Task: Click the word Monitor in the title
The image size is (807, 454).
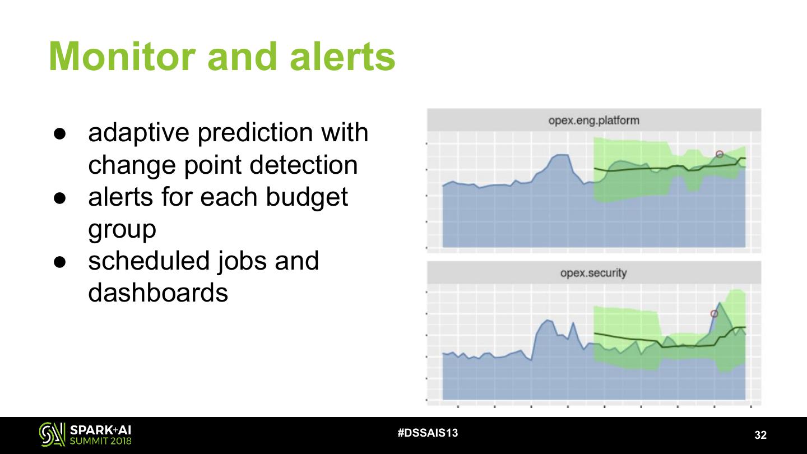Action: click(122, 57)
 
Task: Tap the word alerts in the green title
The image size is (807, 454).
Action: click(342, 57)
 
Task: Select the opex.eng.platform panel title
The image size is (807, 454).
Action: click(593, 121)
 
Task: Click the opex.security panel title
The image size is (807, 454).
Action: click(593, 273)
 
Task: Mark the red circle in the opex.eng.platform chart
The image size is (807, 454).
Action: click(720, 154)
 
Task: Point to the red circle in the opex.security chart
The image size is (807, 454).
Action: click(714, 314)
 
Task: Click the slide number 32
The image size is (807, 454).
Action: click(760, 435)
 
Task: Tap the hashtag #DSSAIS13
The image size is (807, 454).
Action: click(428, 433)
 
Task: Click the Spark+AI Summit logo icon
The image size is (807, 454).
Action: click(52, 434)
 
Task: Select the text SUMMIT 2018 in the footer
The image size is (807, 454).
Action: click(100, 441)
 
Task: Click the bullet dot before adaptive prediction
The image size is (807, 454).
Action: click(60, 133)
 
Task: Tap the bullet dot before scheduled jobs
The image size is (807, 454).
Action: click(60, 262)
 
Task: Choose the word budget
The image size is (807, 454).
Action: click(307, 198)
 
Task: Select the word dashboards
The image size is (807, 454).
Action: click(158, 292)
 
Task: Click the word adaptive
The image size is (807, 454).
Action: click(139, 133)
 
